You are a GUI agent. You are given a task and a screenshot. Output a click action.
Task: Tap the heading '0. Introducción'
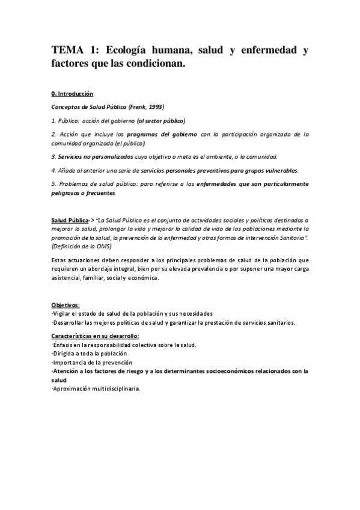72,94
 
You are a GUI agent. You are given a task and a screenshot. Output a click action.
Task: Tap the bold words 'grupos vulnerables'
271,170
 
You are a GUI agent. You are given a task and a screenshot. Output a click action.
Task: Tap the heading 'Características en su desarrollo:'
95,336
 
